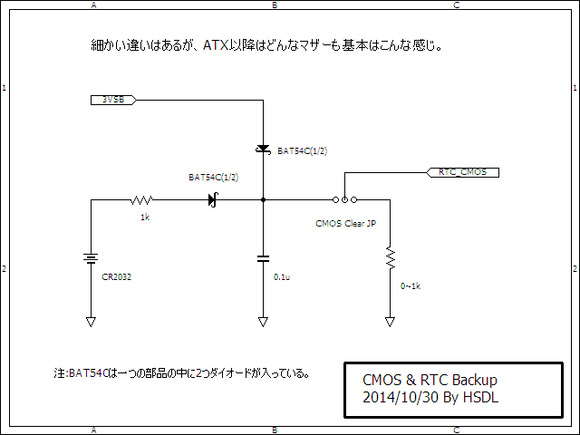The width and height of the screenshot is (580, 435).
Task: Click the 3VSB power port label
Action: [113, 100]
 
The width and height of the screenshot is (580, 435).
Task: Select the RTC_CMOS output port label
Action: [462, 172]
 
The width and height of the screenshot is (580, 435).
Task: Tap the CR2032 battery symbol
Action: [91, 258]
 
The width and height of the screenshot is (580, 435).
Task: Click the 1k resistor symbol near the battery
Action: [141, 200]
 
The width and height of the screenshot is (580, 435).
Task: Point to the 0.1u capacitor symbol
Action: [263, 258]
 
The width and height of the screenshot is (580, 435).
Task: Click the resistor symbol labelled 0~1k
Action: [391, 257]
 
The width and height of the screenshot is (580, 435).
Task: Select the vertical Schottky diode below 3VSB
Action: [263, 149]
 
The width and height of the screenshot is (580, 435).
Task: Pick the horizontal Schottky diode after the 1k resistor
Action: [214, 200]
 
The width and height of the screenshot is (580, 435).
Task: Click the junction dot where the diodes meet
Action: [263, 200]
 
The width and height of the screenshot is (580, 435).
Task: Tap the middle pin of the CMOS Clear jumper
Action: [344, 200]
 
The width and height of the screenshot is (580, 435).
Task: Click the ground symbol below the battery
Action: [91, 322]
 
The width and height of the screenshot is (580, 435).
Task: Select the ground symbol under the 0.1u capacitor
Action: [263, 322]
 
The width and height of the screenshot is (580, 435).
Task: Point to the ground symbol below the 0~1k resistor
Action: [391, 322]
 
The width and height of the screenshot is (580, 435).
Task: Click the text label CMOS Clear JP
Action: [346, 224]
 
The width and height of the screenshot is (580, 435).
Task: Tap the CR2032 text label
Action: [117, 277]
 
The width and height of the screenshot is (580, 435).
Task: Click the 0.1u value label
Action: [282, 277]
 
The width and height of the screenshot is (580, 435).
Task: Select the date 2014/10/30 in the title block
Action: [401, 397]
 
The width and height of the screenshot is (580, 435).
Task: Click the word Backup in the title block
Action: [475, 381]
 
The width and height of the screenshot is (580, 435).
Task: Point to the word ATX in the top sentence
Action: [216, 45]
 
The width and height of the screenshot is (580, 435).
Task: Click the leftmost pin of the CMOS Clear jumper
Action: [335, 200]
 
